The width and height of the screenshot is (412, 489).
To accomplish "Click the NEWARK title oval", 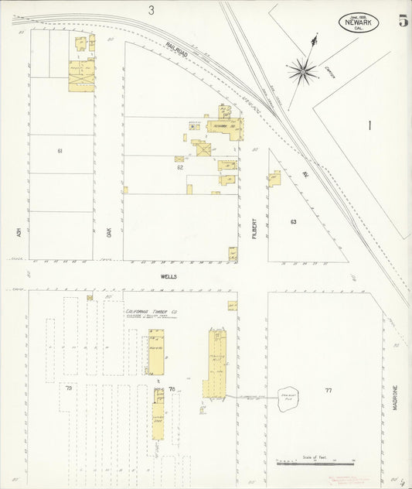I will pos(359,23).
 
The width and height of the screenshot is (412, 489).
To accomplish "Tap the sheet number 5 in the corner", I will pos(403,21).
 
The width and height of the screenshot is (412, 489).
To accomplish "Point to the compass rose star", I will pos(302,71).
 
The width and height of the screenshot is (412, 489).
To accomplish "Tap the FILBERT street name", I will pos(254,227).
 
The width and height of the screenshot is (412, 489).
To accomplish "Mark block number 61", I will pos(60,151).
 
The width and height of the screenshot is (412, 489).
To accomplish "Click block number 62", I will pos(180,167).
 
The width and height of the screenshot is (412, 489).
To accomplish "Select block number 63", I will pos(293,222).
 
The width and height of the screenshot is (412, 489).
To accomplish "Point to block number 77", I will pos(328,390).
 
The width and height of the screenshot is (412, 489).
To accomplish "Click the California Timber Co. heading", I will pos(152,311).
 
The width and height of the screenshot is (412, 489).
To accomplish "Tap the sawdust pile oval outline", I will pos(289,398).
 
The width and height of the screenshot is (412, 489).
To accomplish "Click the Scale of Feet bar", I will pos(315,463).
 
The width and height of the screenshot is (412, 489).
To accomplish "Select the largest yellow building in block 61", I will pos(81,77).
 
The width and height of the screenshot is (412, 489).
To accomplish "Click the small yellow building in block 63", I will pos(274,180).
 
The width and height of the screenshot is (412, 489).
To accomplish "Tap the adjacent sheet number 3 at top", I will pos(152,10).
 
